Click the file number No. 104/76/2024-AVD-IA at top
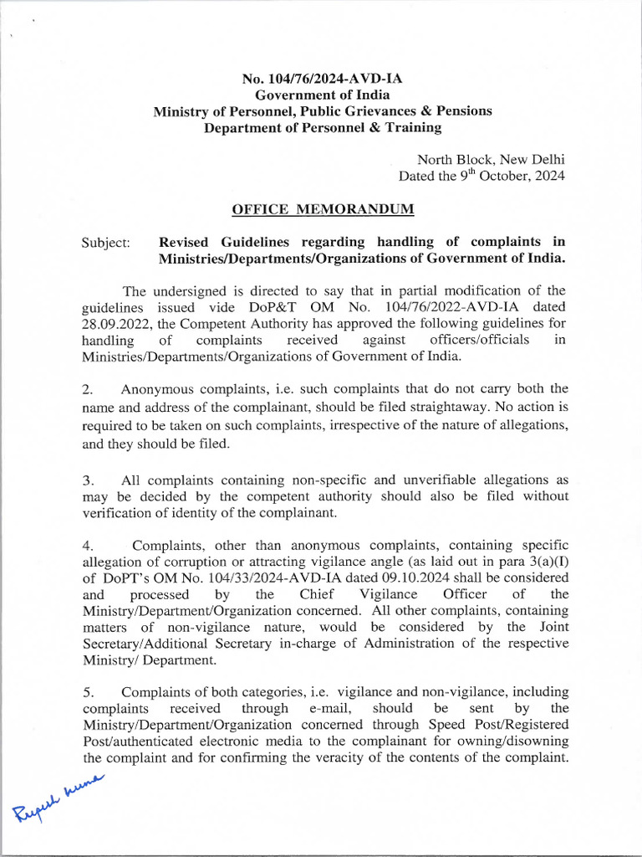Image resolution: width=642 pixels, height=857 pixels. (x=322, y=80)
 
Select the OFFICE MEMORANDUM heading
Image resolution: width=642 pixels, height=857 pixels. (x=322, y=208)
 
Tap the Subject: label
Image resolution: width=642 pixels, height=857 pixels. (x=106, y=243)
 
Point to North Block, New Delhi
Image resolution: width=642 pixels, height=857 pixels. (x=491, y=159)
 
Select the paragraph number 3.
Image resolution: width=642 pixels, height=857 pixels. (x=87, y=480)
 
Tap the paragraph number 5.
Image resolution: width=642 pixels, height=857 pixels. (x=87, y=692)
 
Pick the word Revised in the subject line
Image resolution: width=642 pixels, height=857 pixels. (x=186, y=242)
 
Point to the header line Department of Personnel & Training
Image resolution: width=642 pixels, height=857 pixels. (x=322, y=127)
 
